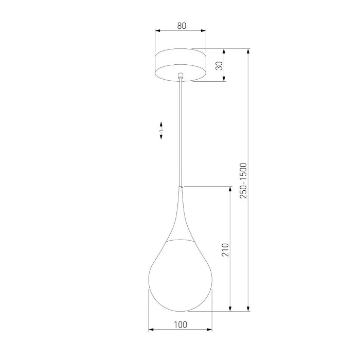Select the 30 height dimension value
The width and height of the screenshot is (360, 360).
coord(219,65)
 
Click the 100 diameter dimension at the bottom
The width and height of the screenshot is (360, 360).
coord(180,324)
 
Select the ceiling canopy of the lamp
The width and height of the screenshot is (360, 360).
coord(180,64)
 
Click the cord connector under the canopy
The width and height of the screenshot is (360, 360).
coord(180,77)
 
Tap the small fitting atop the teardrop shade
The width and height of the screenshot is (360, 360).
coord(180,188)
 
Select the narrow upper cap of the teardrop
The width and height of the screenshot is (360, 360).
coord(180,216)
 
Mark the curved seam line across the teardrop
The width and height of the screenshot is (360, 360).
coord(180,241)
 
